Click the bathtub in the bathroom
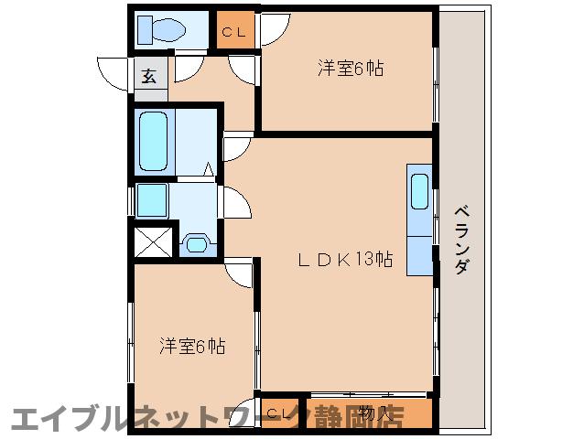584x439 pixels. click(154, 140)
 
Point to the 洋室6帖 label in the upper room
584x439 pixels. click(351, 68)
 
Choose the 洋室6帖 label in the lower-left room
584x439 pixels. click(192, 347)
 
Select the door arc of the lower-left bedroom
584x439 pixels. click(241, 272)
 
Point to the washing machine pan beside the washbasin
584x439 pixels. click(152, 198)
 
